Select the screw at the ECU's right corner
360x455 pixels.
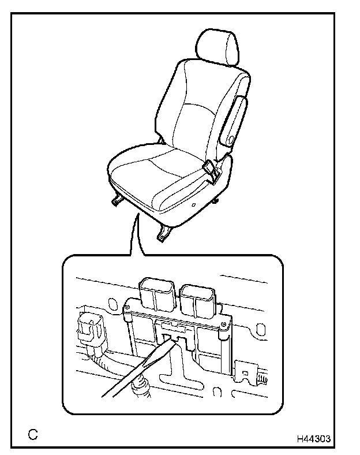click(223, 329)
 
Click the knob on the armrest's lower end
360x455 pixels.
click(229, 139)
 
